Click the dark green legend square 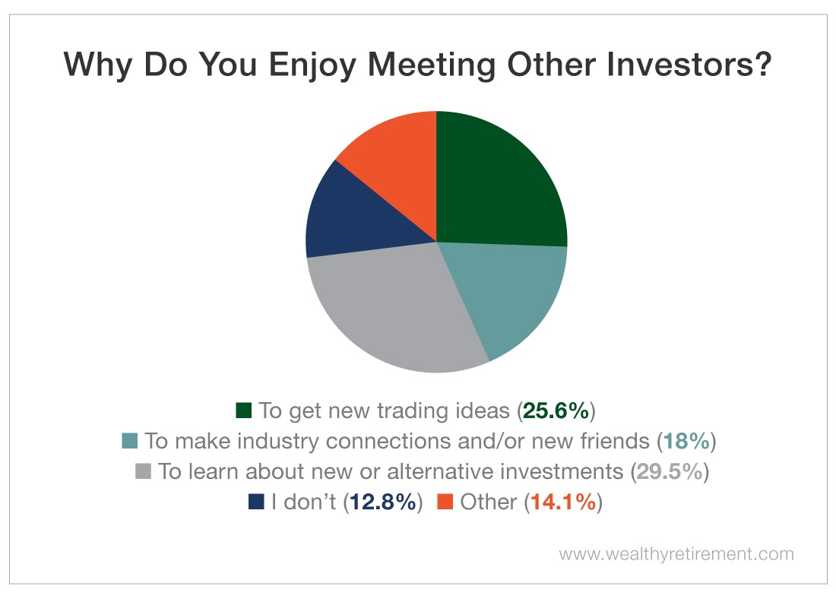coord(244,411)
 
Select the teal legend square coord(129,441)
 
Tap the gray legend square coord(143,471)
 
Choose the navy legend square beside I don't coord(256,502)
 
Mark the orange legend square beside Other coord(445,502)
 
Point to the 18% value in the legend coord(687,441)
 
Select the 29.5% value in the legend coord(670,471)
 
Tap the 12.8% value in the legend coord(383,502)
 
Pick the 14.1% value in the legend coord(564,502)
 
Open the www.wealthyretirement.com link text coord(676,554)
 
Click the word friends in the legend coord(616,441)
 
